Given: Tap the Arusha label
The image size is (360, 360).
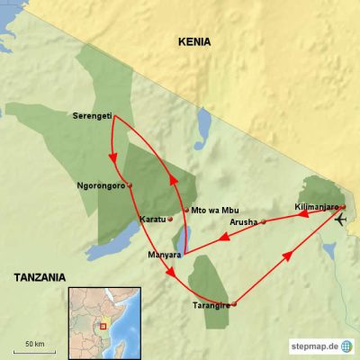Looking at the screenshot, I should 243,221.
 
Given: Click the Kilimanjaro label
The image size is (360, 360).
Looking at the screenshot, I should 315,208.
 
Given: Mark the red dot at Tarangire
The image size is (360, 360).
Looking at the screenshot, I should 234,305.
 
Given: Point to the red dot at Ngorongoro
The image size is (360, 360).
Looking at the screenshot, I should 130,186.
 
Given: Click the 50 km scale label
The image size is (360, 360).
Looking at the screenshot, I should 35,345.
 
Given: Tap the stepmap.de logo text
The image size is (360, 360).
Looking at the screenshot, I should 313,346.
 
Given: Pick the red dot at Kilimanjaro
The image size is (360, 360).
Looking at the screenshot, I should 342,207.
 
